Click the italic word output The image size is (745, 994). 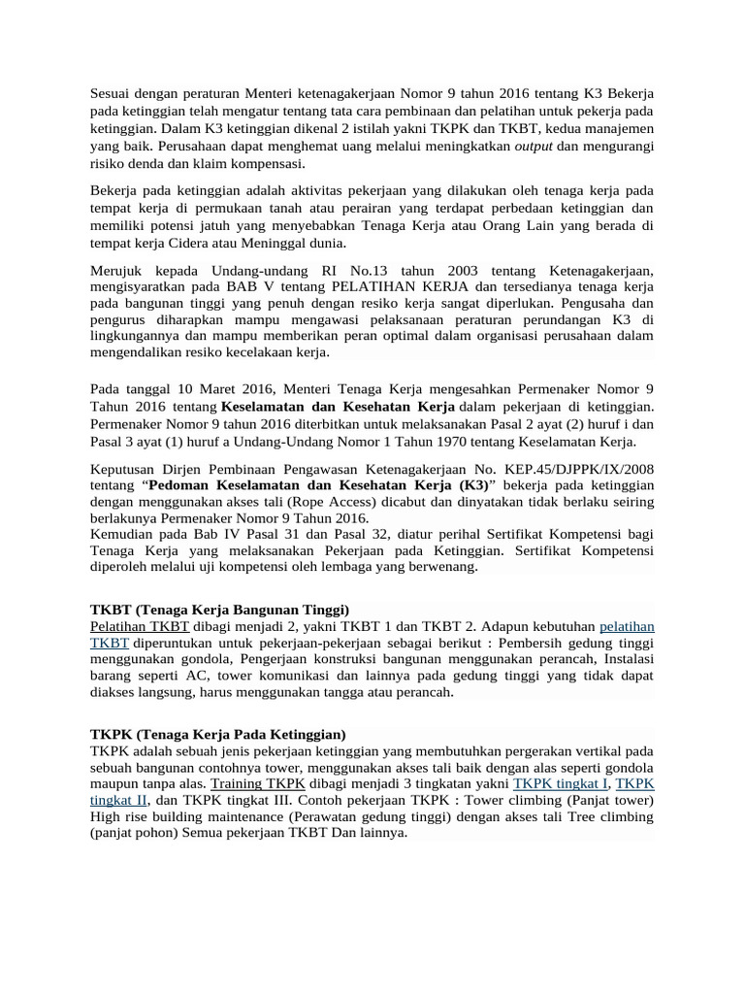[x=533, y=146]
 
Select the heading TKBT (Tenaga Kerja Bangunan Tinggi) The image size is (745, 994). [x=218, y=610]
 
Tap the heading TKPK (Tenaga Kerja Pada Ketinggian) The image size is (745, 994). [x=217, y=734]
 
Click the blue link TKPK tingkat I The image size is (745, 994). [x=561, y=783]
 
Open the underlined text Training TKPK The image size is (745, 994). [x=258, y=783]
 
